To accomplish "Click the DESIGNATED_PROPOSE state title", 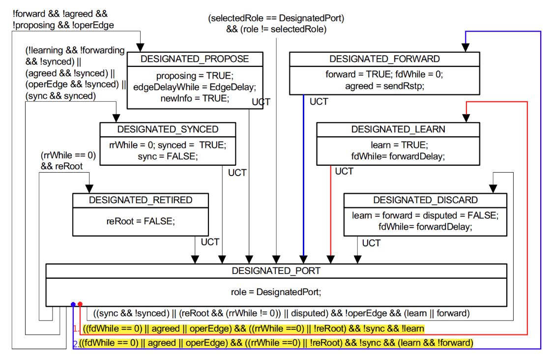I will [x=195, y=59].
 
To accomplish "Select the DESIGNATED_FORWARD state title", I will [x=384, y=59].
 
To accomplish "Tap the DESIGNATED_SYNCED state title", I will [x=168, y=129].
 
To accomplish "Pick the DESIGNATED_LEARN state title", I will [x=398, y=129].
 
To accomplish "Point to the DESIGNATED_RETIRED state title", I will [x=141, y=200].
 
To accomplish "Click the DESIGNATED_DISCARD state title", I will [x=425, y=200].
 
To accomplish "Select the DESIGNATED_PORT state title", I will [x=276, y=271].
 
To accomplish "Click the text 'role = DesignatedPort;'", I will [x=276, y=292].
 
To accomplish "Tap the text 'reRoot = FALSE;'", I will [x=141, y=221].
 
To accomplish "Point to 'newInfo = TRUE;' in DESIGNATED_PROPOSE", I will [x=195, y=98].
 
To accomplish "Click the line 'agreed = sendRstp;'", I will [x=384, y=86].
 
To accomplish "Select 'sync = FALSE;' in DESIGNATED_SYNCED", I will [x=168, y=156].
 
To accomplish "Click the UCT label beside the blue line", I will [x=319, y=102].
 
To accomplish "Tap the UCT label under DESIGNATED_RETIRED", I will [x=210, y=242].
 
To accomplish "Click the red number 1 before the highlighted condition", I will [x=76, y=329].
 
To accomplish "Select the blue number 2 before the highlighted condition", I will [x=75, y=343].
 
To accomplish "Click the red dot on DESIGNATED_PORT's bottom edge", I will [x=80, y=304].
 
